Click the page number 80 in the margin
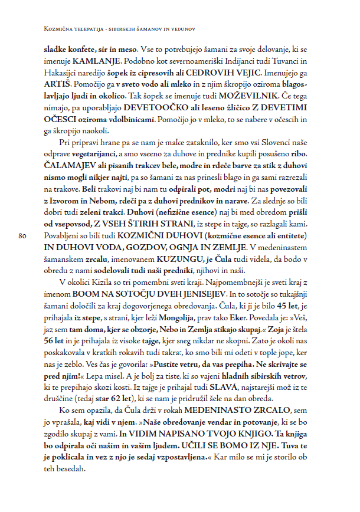pyautogui.click(x=24, y=236)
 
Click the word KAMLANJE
pyautogui.click(x=93, y=61)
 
